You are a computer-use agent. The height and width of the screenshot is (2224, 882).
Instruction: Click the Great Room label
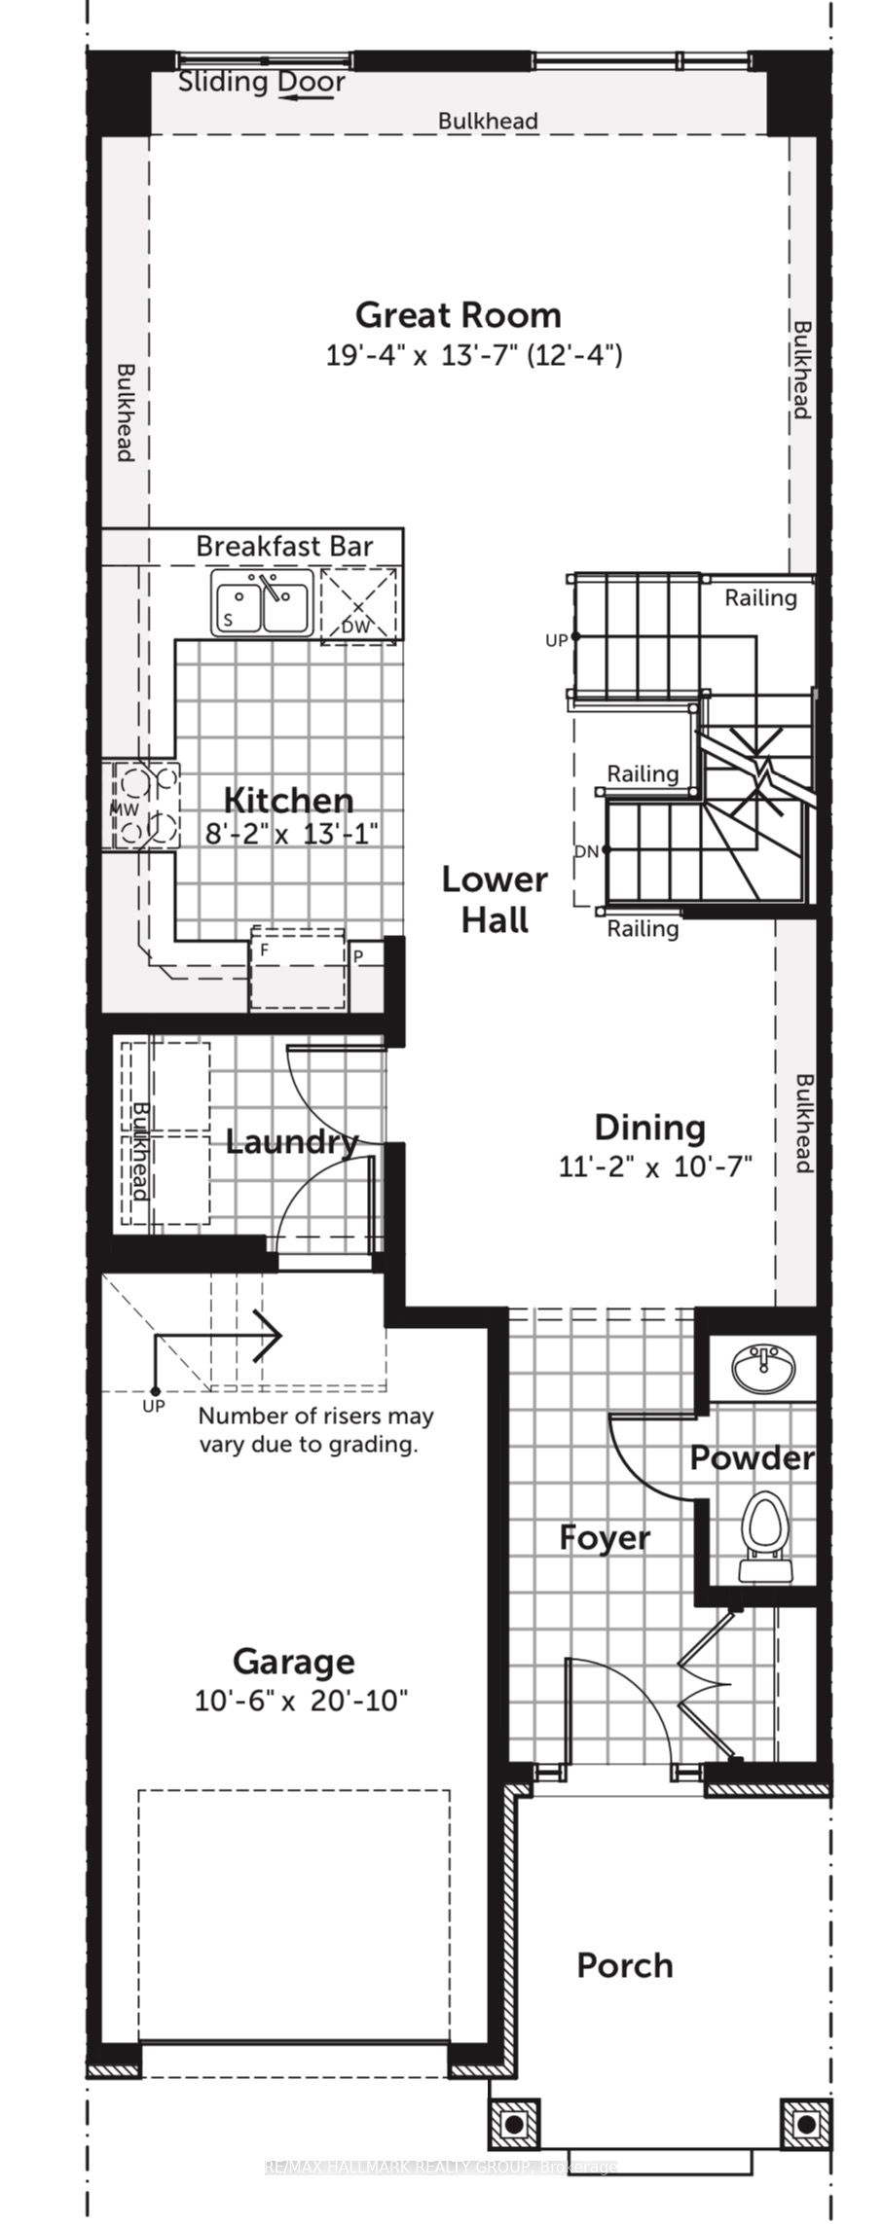tap(458, 315)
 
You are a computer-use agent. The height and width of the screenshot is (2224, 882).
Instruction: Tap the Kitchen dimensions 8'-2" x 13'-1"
tap(291, 834)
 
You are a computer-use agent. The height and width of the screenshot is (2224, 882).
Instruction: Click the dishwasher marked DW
tap(358, 605)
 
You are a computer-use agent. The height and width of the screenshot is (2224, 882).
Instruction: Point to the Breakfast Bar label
tap(284, 546)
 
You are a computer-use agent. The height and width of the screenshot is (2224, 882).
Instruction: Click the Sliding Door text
tap(261, 83)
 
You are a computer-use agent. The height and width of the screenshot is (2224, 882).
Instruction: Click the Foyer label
tap(604, 1538)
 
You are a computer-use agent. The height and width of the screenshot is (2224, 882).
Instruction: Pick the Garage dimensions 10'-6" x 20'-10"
tap(301, 1701)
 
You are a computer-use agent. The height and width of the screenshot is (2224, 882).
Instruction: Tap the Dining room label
tap(649, 1128)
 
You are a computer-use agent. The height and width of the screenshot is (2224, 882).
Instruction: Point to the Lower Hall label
tap(495, 900)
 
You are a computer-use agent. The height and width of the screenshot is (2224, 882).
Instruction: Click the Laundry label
tap(292, 1142)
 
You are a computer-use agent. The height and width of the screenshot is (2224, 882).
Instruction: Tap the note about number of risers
tap(315, 1430)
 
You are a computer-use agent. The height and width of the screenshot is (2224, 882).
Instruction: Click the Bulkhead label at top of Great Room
tap(488, 121)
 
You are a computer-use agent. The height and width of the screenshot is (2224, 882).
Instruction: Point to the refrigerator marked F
tap(297, 969)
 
